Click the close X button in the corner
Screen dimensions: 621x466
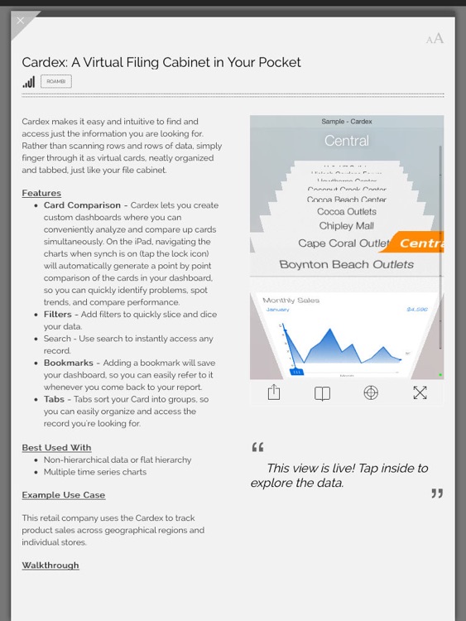click(21, 22)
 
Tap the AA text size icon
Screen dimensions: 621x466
click(435, 38)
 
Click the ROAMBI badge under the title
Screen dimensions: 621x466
click(56, 81)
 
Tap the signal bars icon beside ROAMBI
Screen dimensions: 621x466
click(29, 81)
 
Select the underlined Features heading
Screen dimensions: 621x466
click(41, 193)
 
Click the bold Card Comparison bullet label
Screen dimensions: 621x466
click(82, 205)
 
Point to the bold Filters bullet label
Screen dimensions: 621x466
click(58, 315)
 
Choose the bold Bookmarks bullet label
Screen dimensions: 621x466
click(67, 363)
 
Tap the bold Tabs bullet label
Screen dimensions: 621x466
click(54, 399)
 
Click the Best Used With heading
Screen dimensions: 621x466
click(56, 448)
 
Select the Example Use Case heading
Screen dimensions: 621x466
click(64, 495)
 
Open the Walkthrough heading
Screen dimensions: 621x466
click(50, 566)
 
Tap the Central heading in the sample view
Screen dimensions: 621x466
click(347, 141)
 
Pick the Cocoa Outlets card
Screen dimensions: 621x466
click(347, 212)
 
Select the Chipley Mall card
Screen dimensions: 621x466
click(347, 226)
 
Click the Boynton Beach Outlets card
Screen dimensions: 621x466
click(346, 265)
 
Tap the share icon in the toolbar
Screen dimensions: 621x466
click(274, 393)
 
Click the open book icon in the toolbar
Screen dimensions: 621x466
click(323, 393)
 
